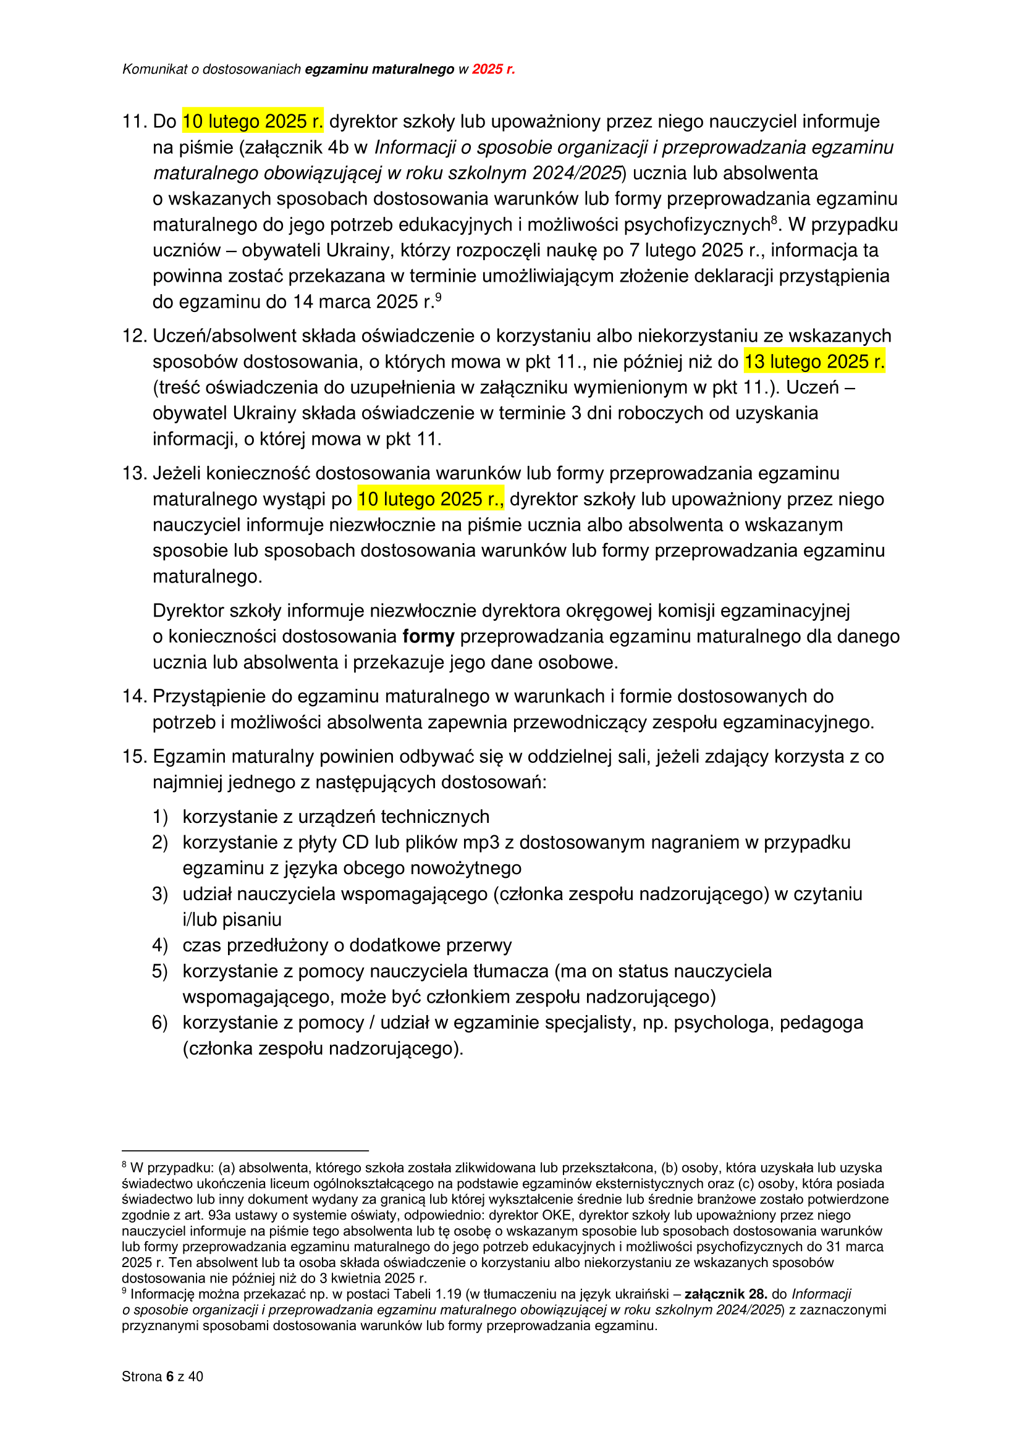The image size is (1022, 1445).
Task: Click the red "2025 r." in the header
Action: click(x=493, y=69)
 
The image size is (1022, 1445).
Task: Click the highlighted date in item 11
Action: click(x=252, y=121)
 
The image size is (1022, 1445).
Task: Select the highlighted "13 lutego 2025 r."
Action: click(x=814, y=361)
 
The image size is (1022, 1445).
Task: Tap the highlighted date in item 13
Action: click(x=431, y=499)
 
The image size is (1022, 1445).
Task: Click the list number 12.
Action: click(x=134, y=336)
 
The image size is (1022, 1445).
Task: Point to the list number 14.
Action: click(x=134, y=696)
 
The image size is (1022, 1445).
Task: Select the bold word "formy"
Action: click(x=429, y=636)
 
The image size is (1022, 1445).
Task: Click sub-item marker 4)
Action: click(x=160, y=945)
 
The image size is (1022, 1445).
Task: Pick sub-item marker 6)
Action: click(x=160, y=1022)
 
